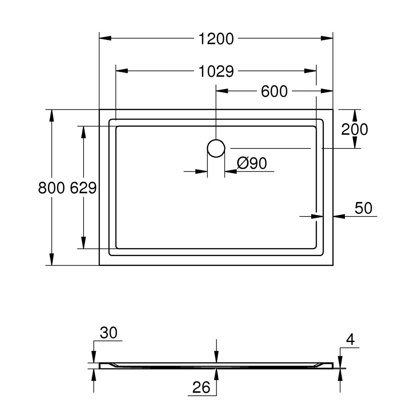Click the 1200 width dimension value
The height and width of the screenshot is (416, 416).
(216, 39)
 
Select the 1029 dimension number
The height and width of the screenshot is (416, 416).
(216, 71)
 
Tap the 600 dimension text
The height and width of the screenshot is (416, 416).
(274, 91)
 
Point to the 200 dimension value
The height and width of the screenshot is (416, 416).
(354, 129)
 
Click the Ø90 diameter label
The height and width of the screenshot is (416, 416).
(252, 163)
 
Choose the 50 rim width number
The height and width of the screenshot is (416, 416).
(363, 208)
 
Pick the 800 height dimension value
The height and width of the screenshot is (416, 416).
(51, 188)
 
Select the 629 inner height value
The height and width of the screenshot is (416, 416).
(83, 188)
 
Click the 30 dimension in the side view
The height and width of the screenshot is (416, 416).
(109, 333)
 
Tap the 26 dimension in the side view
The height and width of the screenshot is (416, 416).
(201, 388)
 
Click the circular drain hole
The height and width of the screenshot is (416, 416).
(216, 148)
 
